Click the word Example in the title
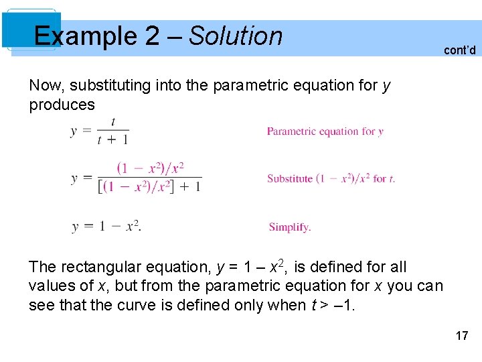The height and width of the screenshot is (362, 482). click(x=85, y=36)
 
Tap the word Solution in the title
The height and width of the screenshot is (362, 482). click(x=236, y=36)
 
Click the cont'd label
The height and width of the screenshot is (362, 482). click(x=459, y=50)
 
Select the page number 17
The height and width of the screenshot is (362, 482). click(x=462, y=335)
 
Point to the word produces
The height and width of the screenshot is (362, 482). click(x=62, y=105)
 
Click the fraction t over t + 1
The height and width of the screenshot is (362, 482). click(x=112, y=131)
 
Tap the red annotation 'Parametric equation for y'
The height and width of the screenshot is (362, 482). click(x=325, y=131)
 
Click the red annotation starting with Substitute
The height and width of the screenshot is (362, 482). click(x=331, y=178)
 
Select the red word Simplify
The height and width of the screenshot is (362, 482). click(x=290, y=227)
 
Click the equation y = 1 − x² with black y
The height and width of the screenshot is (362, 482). click(x=106, y=227)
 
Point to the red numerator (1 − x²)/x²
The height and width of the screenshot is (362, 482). click(x=150, y=168)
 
